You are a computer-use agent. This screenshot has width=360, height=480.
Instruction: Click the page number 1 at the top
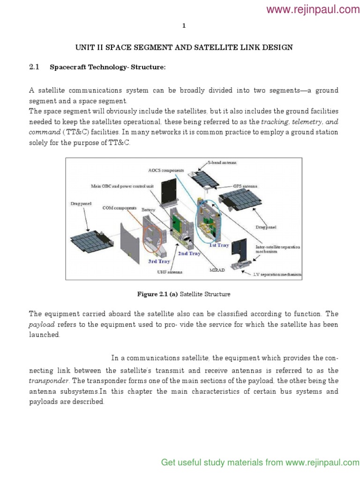point(184,26)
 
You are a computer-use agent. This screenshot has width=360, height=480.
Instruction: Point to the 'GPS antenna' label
point(245,186)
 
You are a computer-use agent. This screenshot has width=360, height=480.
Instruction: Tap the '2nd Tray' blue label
point(189,253)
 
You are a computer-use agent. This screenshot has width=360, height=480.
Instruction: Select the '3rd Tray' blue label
point(159,261)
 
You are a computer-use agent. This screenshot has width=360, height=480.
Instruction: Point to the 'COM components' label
point(120,207)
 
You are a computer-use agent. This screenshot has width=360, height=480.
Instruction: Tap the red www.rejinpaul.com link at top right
point(313,9)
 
